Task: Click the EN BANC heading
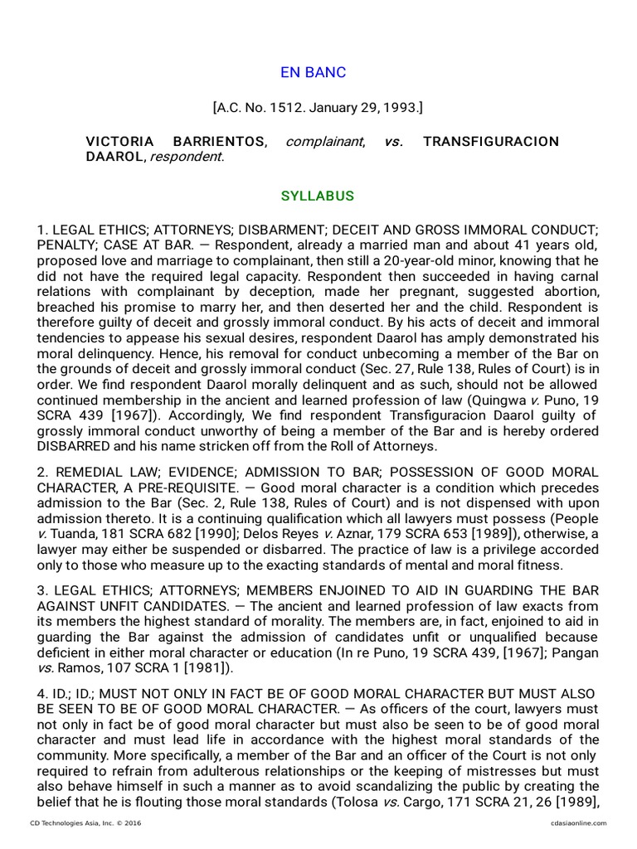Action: (314, 72)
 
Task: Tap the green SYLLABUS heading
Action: (318, 196)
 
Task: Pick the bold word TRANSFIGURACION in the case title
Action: (491, 142)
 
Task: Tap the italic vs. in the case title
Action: (393, 142)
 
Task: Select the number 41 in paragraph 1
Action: (489, 245)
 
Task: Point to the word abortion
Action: (571, 292)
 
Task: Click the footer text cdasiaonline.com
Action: (578, 822)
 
